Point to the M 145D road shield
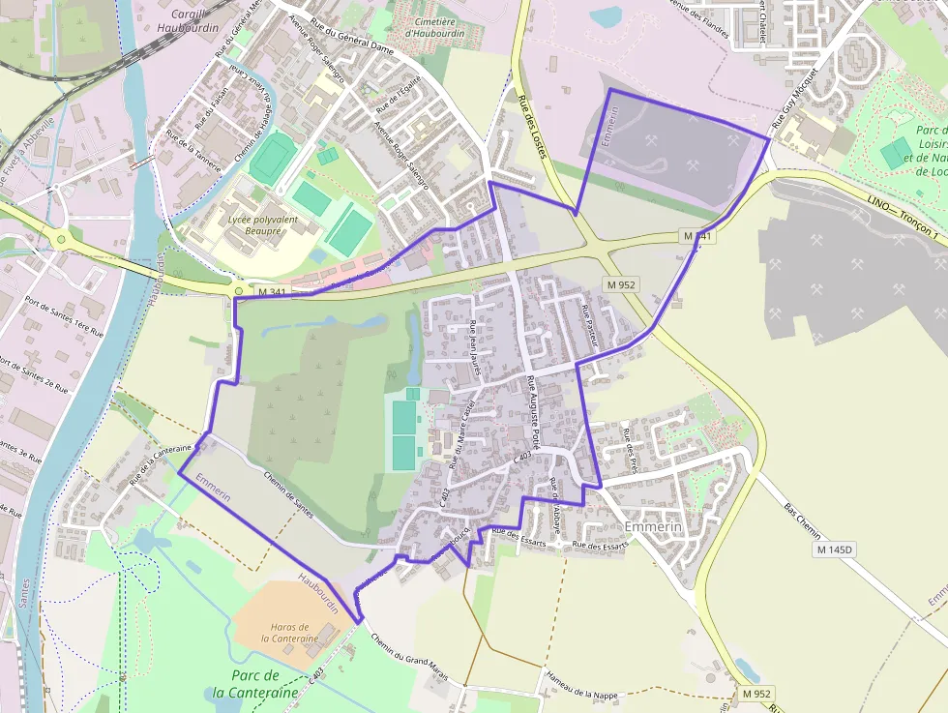pyautogui.click(x=835, y=550)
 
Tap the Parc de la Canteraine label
pyautogui.click(x=255, y=683)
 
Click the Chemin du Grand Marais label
pyautogui.click(x=409, y=657)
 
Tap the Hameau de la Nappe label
pyautogui.click(x=581, y=688)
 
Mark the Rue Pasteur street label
pyautogui.click(x=591, y=326)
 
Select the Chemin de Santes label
pyautogui.click(x=287, y=491)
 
